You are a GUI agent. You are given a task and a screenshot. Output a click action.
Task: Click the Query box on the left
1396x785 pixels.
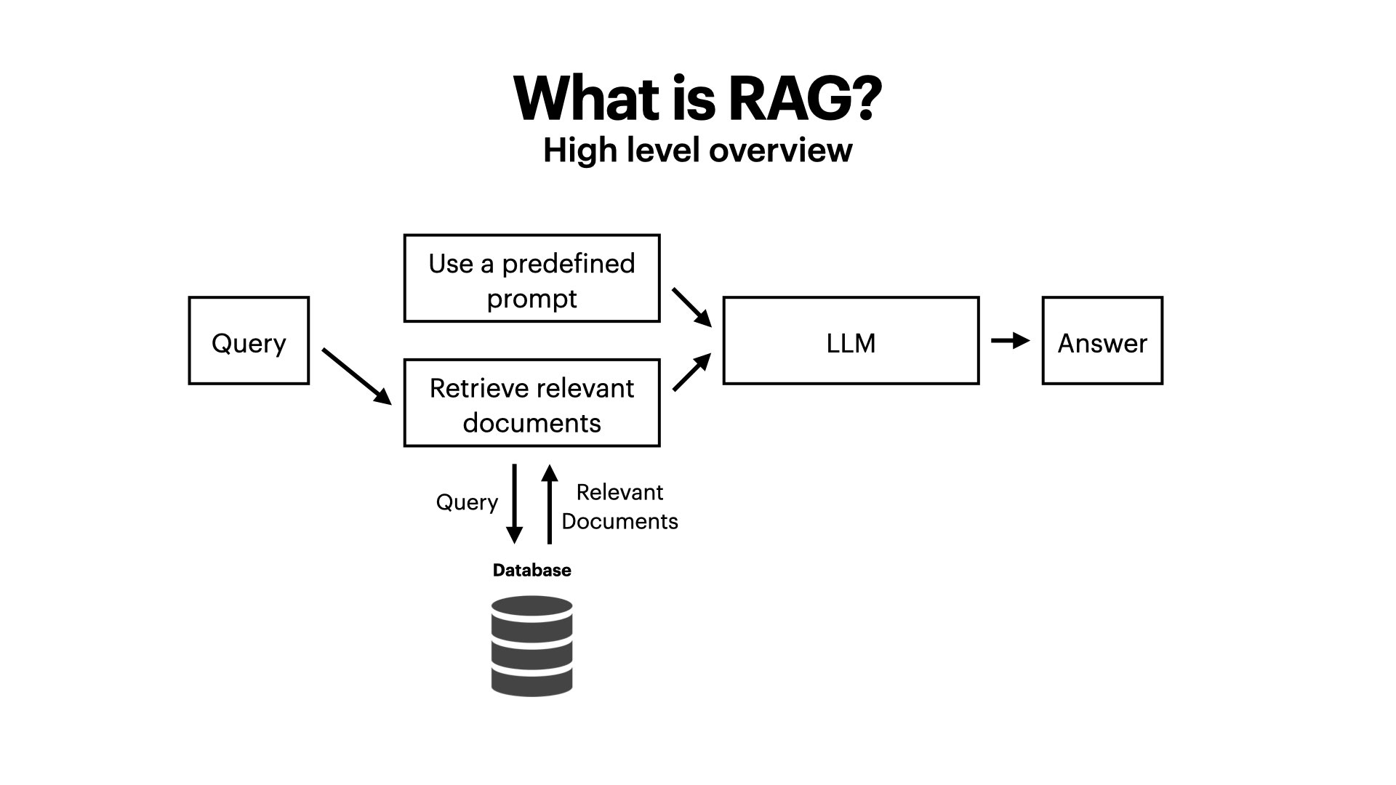(249, 340)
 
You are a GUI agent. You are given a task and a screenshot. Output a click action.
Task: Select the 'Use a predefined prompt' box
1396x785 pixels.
(531, 278)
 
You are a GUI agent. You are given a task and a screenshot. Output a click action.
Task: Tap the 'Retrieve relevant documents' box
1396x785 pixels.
(531, 403)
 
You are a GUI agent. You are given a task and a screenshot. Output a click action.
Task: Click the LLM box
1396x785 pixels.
(851, 340)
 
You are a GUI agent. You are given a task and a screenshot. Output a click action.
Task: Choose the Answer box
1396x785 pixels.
(1102, 340)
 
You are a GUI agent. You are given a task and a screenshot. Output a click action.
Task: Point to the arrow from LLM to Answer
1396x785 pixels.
(1010, 340)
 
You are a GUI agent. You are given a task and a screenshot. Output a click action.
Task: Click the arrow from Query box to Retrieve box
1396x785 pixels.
(356, 376)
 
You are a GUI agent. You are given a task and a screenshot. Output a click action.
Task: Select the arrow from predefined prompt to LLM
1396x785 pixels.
(691, 307)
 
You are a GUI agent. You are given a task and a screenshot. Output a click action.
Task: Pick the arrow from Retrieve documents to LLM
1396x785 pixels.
(691, 373)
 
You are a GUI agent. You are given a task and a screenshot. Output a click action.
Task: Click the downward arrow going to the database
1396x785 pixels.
(514, 504)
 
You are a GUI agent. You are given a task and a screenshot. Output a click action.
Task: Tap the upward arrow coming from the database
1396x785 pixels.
(550, 504)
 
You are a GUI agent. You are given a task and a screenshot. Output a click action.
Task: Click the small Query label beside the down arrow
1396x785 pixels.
(467, 502)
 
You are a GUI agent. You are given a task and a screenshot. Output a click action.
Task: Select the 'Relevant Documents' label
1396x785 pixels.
(619, 507)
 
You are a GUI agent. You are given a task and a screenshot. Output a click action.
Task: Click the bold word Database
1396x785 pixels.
(531, 571)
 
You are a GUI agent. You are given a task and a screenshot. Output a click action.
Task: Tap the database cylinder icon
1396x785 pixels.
(531, 646)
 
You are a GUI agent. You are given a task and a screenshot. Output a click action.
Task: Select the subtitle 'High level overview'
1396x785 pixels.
(697, 150)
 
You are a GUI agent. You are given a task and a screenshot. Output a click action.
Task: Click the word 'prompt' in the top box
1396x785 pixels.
(531, 299)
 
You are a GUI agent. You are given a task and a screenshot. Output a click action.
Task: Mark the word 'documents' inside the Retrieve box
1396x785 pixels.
(531, 423)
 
